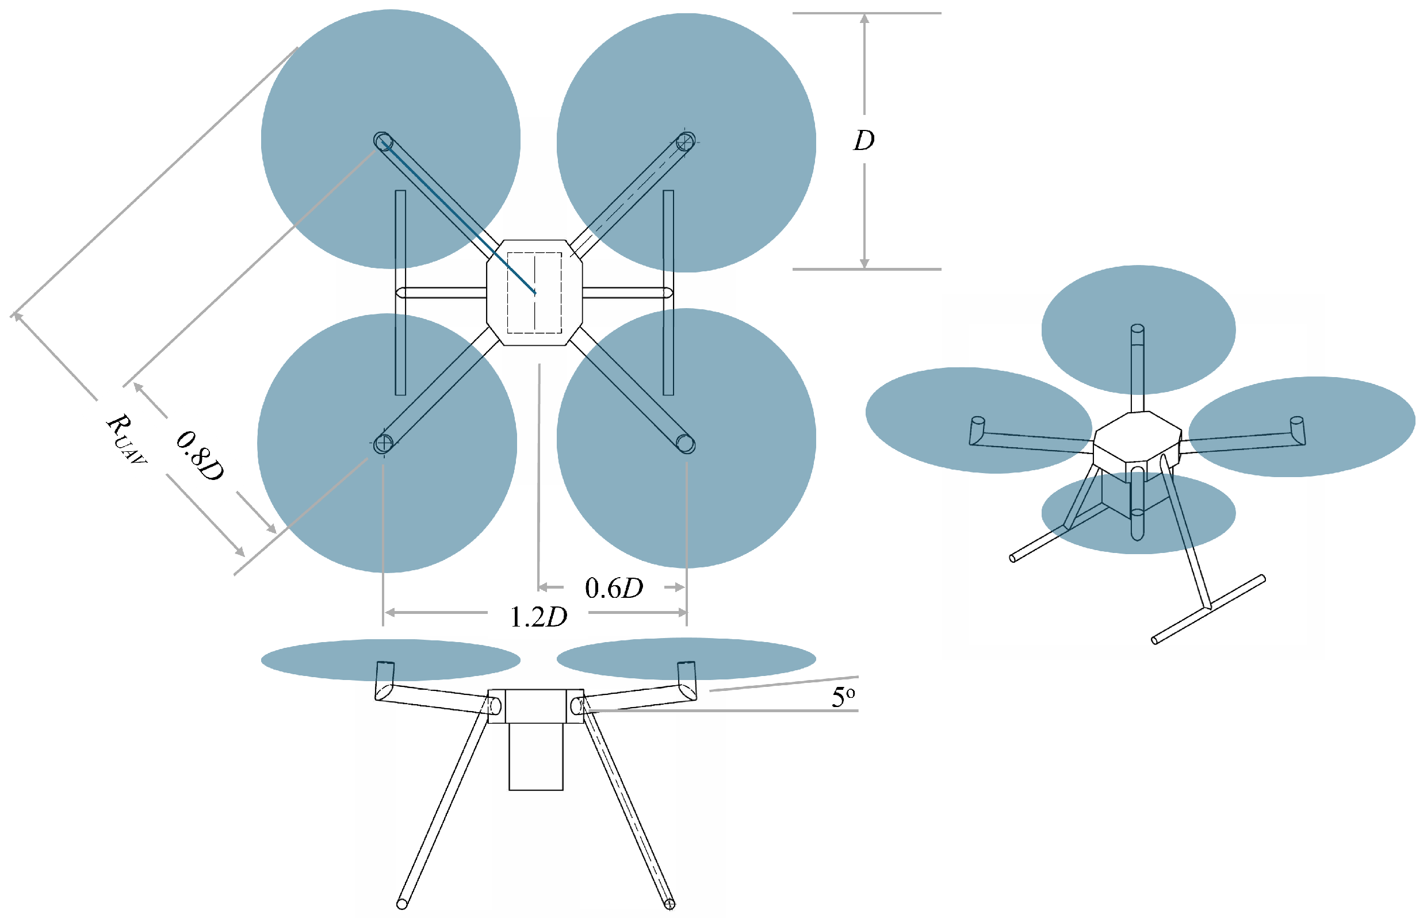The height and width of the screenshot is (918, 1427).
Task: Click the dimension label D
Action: [x=864, y=141]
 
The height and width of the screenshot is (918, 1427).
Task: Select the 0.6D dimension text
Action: [x=614, y=589]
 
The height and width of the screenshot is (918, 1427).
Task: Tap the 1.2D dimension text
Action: [x=538, y=617]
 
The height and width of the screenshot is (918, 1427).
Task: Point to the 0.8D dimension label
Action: [x=200, y=456]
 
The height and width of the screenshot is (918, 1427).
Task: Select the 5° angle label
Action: [x=843, y=697]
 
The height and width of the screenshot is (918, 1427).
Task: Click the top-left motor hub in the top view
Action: [x=383, y=141]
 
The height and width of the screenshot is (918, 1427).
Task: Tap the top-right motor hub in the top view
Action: [x=685, y=142]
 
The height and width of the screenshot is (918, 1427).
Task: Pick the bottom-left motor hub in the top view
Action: [x=383, y=444]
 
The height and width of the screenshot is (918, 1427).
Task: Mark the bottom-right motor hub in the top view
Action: [x=685, y=444]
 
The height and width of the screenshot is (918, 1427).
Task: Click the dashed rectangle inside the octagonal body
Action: [x=534, y=293]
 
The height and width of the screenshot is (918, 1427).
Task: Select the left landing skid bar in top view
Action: [x=400, y=293]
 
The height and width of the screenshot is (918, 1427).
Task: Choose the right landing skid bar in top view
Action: [x=668, y=293]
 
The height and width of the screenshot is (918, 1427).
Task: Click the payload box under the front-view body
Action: [x=535, y=756]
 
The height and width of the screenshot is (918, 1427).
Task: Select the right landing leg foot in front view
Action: [x=669, y=904]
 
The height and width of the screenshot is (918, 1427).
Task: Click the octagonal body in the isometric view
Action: [x=1137, y=436]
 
